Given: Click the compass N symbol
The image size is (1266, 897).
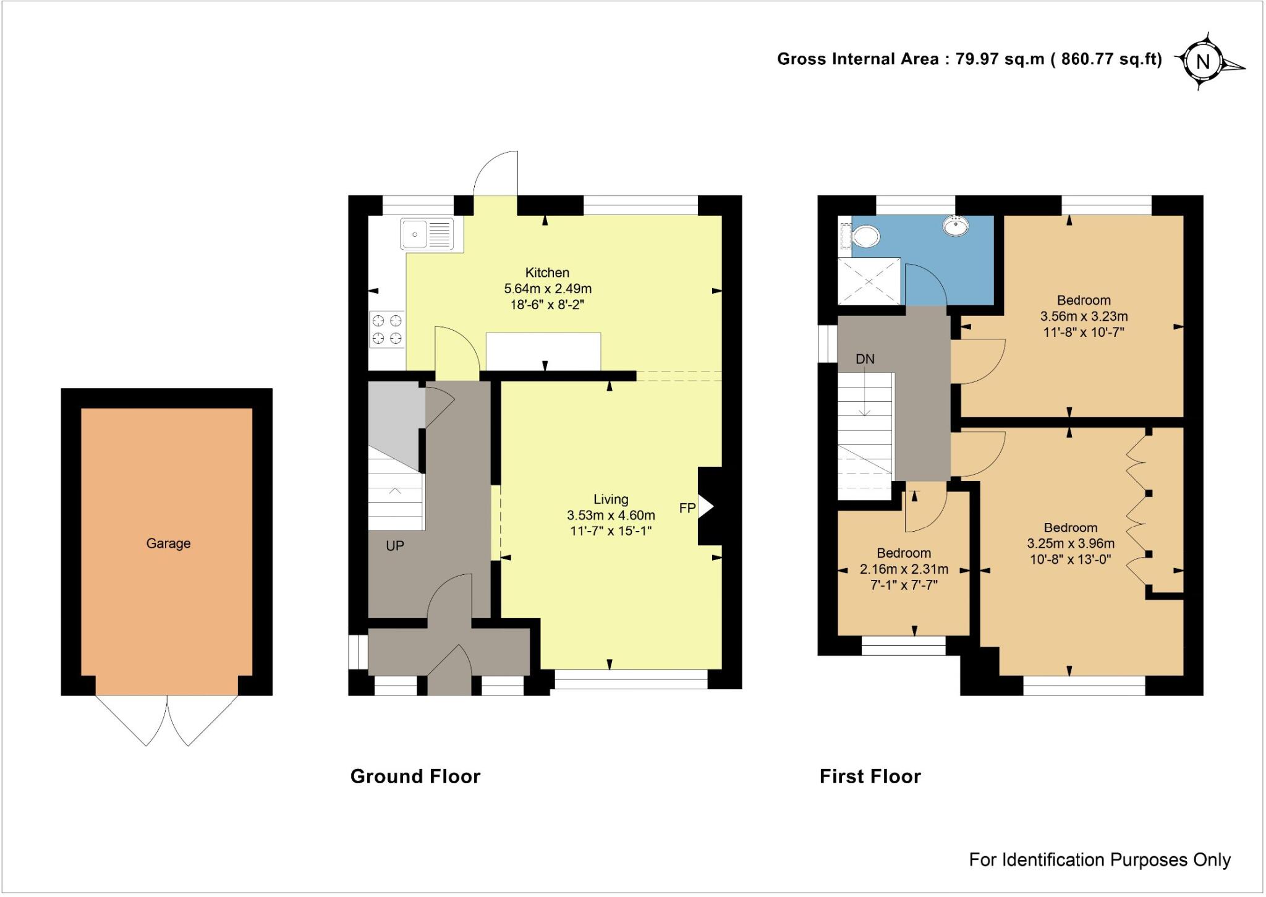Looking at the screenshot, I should click(x=1203, y=62).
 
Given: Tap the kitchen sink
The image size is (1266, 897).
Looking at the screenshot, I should click(x=427, y=234).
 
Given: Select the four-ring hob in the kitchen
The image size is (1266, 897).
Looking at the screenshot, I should click(x=387, y=329).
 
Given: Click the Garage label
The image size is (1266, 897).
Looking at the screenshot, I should click(x=168, y=543).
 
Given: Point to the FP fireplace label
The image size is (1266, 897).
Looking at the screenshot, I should click(x=687, y=508).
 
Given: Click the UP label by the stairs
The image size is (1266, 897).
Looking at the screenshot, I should click(x=395, y=546).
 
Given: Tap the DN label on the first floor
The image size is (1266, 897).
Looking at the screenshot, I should click(x=865, y=359).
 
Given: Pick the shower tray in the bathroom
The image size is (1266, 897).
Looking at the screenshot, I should click(x=869, y=281).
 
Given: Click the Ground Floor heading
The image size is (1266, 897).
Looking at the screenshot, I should click(x=415, y=776).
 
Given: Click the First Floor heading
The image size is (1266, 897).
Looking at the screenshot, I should click(x=870, y=776).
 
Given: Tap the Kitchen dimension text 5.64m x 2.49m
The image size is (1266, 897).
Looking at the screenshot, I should click(x=548, y=289).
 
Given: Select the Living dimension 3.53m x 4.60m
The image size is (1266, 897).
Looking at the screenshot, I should click(x=611, y=515).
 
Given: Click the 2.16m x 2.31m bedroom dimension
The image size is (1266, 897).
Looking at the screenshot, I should click(x=904, y=569).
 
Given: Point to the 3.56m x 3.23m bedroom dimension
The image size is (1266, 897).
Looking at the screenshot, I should click(x=1084, y=317).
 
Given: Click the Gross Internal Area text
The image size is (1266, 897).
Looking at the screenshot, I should click(x=969, y=59).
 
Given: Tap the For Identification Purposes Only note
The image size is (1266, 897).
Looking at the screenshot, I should click(x=1099, y=860).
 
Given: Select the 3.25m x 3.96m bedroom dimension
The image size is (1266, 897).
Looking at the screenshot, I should click(x=1071, y=544).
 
